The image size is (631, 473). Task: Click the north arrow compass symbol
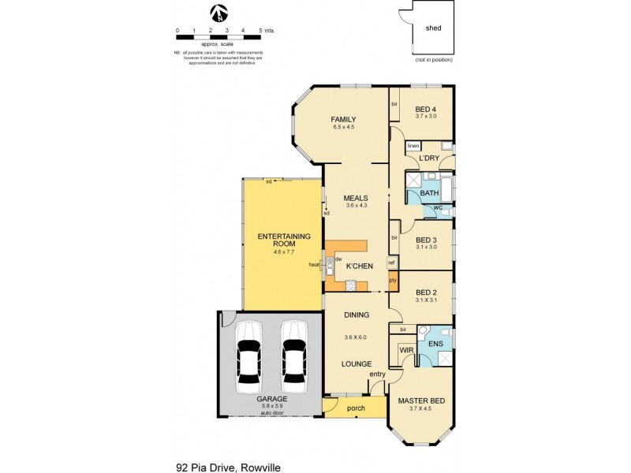(220, 13)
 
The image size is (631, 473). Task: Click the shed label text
(434, 28)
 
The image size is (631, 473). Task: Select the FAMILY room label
(344, 119)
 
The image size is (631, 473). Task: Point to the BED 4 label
(426, 109)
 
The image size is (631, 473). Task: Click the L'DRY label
(429, 158)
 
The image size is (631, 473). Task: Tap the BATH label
(429, 193)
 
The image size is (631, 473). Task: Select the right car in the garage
(293, 357)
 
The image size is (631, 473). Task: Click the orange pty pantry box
(392, 280)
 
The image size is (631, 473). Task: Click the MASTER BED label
(420, 400)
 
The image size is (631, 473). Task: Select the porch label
(353, 408)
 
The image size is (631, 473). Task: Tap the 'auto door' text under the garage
(271, 414)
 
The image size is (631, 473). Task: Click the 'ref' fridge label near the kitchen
(391, 263)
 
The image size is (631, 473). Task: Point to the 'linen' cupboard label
(413, 147)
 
